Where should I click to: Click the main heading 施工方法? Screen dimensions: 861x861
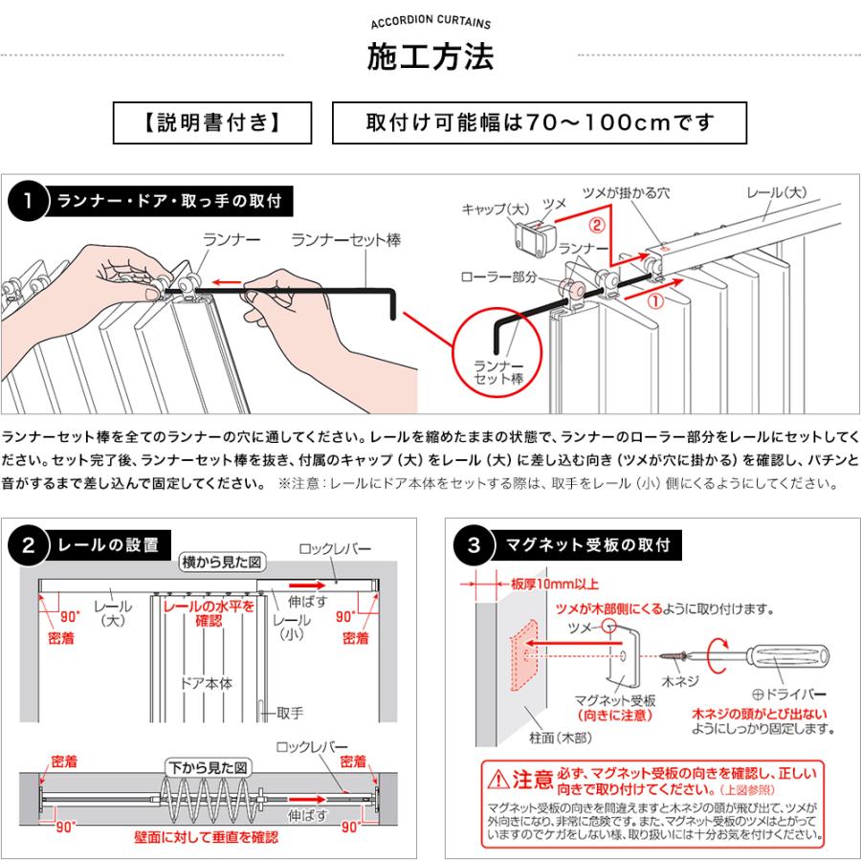(430, 57)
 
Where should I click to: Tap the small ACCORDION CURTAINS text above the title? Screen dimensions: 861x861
(430, 23)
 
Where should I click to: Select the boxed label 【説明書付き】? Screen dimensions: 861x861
(212, 123)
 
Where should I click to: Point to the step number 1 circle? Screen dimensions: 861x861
(29, 201)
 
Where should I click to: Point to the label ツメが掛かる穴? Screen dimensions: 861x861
(626, 192)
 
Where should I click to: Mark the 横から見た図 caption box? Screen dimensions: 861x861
(222, 563)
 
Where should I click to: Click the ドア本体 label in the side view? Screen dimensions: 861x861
(206, 683)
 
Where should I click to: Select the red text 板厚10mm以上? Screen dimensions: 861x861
(541, 583)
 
